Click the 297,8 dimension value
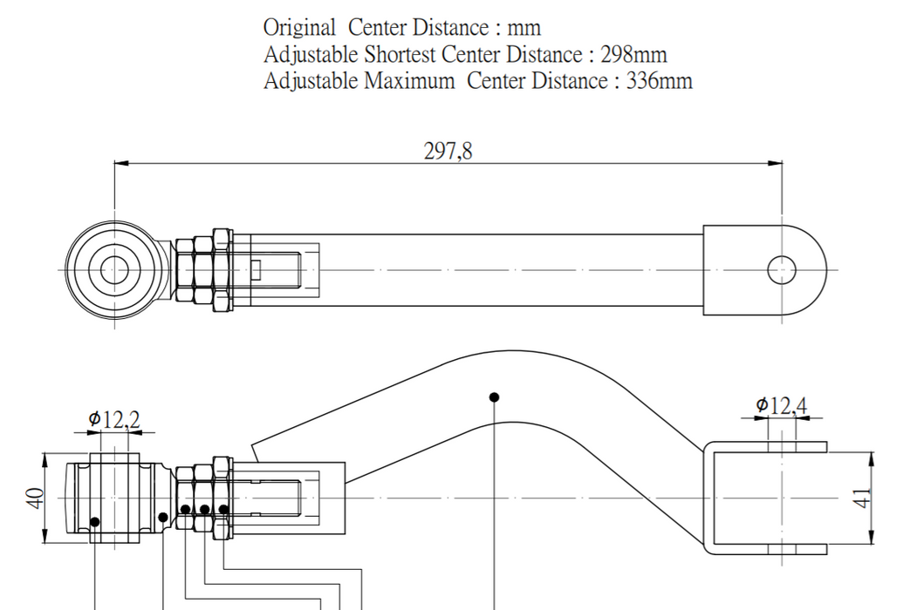(x=448, y=151)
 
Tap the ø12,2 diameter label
(x=114, y=419)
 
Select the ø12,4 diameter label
(x=782, y=405)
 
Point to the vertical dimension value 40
(x=36, y=498)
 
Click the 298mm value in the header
(x=634, y=54)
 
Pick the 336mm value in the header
(x=660, y=81)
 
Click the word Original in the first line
(x=299, y=28)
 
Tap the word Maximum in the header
(x=409, y=81)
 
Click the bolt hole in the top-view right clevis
(x=781, y=270)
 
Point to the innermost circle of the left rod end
(x=114, y=270)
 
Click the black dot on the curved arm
(x=494, y=397)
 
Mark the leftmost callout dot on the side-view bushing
(x=95, y=521)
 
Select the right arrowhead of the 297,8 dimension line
(x=775, y=164)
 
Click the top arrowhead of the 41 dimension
(x=872, y=459)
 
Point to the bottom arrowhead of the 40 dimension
(x=45, y=536)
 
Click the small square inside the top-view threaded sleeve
(x=256, y=270)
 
